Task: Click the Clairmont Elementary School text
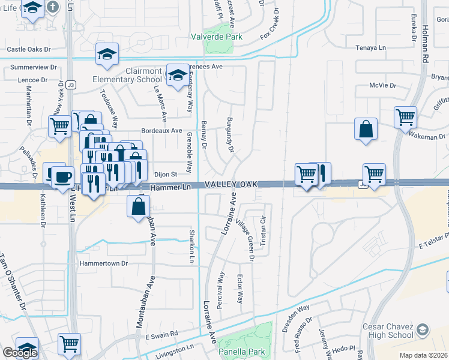coord(127,75)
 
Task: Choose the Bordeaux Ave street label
coord(161,130)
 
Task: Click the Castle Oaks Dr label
coord(28,50)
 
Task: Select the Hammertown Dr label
coord(104,263)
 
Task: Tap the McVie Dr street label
coord(383,86)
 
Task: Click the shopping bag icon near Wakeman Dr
coord(366,129)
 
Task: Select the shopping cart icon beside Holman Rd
coord(405,116)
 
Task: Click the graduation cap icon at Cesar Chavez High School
coord(423,329)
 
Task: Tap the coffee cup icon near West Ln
coord(62,177)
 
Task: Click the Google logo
coord(20,352)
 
